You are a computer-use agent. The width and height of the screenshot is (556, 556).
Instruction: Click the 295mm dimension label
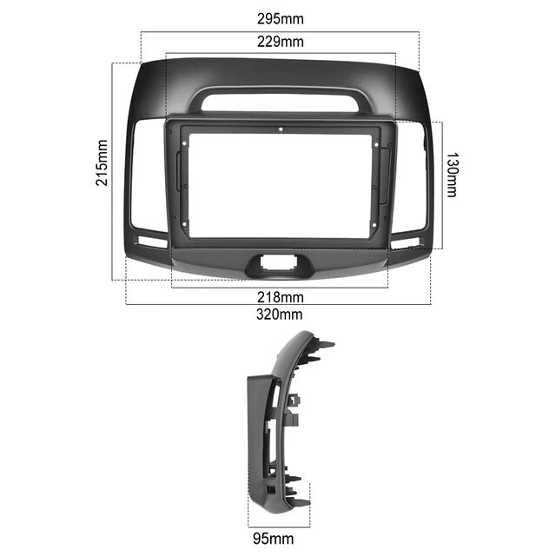pos(280,19)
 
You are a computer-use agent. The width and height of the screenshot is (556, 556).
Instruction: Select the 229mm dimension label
pos(280,42)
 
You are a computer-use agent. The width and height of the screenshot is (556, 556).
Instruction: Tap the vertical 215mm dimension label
pos(102,162)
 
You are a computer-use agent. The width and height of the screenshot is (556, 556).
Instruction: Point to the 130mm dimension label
pos(452,175)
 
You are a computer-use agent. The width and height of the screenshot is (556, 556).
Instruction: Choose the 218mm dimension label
pos(280,297)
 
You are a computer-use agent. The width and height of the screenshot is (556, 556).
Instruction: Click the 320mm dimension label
pos(280,314)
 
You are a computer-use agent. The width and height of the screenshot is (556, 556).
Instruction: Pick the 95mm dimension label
pos(274,539)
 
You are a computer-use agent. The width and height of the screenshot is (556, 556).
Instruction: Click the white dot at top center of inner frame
pos(281,129)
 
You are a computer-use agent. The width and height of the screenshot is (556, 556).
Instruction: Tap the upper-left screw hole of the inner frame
pos(184,143)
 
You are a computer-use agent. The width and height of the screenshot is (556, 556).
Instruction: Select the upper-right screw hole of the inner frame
pos(376,145)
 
